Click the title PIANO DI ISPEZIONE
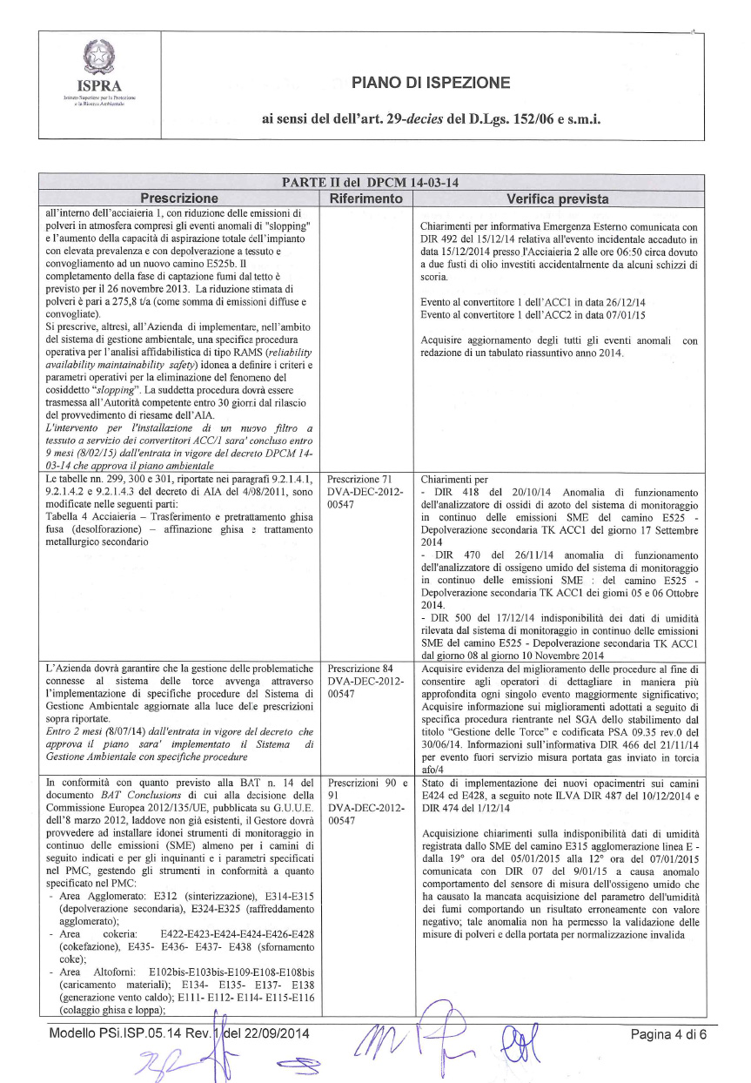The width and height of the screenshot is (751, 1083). click(x=431, y=84)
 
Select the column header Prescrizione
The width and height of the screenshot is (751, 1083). click(x=180, y=198)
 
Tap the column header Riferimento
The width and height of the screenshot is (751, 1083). click(x=365, y=198)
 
